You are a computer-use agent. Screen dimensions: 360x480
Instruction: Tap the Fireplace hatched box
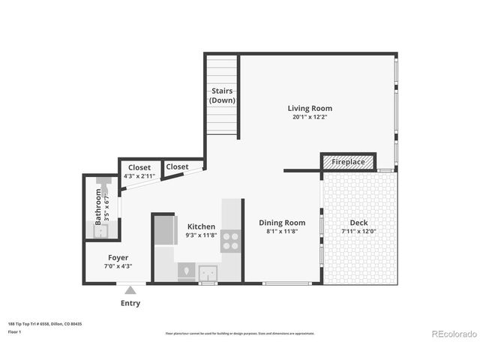coord(348,162)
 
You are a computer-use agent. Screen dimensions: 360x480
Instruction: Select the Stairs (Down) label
coord(222,96)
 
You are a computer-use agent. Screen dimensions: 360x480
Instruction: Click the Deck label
coord(358,223)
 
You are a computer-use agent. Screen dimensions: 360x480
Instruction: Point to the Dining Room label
coord(282,223)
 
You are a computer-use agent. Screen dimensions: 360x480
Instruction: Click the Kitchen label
coord(201,226)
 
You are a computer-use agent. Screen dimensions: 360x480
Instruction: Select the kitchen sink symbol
coord(207,271)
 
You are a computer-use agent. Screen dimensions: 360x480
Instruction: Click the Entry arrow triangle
coord(131,289)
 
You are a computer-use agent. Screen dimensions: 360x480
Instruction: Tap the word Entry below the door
coord(130,304)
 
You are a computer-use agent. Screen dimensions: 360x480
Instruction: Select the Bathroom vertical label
coord(98,206)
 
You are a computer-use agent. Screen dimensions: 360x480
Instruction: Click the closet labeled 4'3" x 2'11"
coord(139,171)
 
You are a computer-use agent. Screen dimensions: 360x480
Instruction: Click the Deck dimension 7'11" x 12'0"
coord(358,232)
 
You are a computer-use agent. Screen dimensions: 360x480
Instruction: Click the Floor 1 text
coord(14,331)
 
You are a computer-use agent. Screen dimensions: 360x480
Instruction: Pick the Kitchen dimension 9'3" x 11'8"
coord(201,235)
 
